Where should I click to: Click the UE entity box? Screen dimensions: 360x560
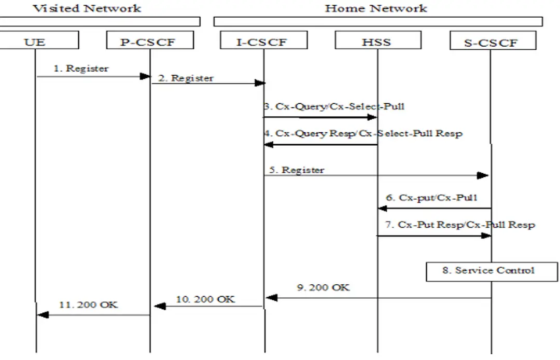point(35,41)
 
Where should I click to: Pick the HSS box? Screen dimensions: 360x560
point(377,41)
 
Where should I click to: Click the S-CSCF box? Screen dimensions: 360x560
point(491,42)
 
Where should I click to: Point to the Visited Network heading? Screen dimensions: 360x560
point(87,8)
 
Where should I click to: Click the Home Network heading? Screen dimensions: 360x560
point(376,8)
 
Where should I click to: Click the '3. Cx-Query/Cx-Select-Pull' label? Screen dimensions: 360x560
point(334,107)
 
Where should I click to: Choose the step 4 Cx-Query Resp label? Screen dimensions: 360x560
point(363,133)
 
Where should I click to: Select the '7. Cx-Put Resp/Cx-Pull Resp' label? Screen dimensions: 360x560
point(461,225)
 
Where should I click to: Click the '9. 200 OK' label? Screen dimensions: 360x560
point(323,287)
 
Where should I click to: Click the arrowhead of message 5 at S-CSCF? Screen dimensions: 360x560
point(483,176)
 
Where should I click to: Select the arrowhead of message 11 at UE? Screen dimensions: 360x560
point(42,314)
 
